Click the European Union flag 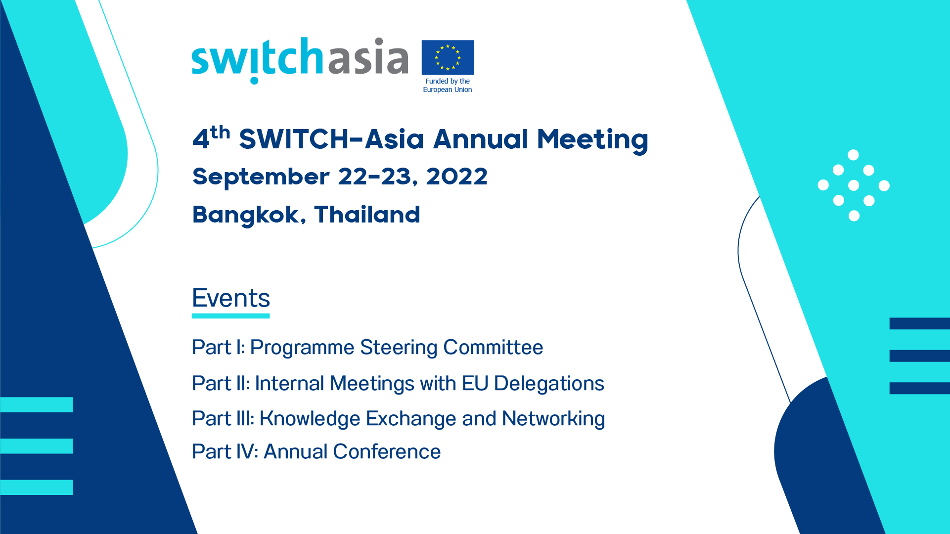click(x=448, y=57)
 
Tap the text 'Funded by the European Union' click(x=448, y=86)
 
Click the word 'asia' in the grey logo click(x=368, y=57)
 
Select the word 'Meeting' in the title click(x=592, y=139)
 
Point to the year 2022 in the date click(x=456, y=177)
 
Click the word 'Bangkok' click(x=245, y=215)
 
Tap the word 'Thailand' click(x=367, y=215)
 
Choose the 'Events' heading click(x=231, y=298)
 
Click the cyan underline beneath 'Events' click(x=231, y=316)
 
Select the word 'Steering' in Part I click(x=399, y=348)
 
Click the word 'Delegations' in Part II click(x=549, y=384)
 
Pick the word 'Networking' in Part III click(x=553, y=419)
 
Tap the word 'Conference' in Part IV click(x=387, y=452)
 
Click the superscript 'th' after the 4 click(x=220, y=133)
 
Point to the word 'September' click(x=261, y=177)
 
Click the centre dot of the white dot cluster click(x=854, y=185)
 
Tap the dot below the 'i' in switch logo click(x=254, y=81)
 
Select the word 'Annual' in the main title click(x=481, y=139)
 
